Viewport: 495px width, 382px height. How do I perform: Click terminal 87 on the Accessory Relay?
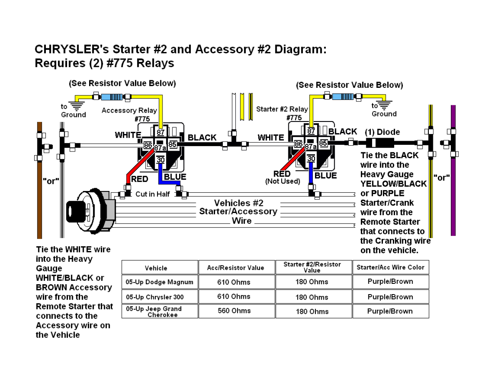(161, 132)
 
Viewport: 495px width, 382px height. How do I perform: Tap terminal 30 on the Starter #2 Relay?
(311, 159)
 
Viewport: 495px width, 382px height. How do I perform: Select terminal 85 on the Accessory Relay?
(172, 145)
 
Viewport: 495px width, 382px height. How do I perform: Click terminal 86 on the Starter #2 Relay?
(298, 144)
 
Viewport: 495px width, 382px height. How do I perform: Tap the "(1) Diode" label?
(382, 132)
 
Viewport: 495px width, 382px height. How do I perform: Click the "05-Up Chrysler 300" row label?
(155, 297)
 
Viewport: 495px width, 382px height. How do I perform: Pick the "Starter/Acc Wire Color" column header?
(390, 267)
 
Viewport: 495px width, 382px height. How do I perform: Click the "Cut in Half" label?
(152, 194)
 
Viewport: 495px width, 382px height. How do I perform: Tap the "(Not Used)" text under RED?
(282, 181)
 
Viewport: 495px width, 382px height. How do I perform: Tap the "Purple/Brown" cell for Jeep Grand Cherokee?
(390, 311)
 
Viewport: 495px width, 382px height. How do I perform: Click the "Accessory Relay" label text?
(129, 110)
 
